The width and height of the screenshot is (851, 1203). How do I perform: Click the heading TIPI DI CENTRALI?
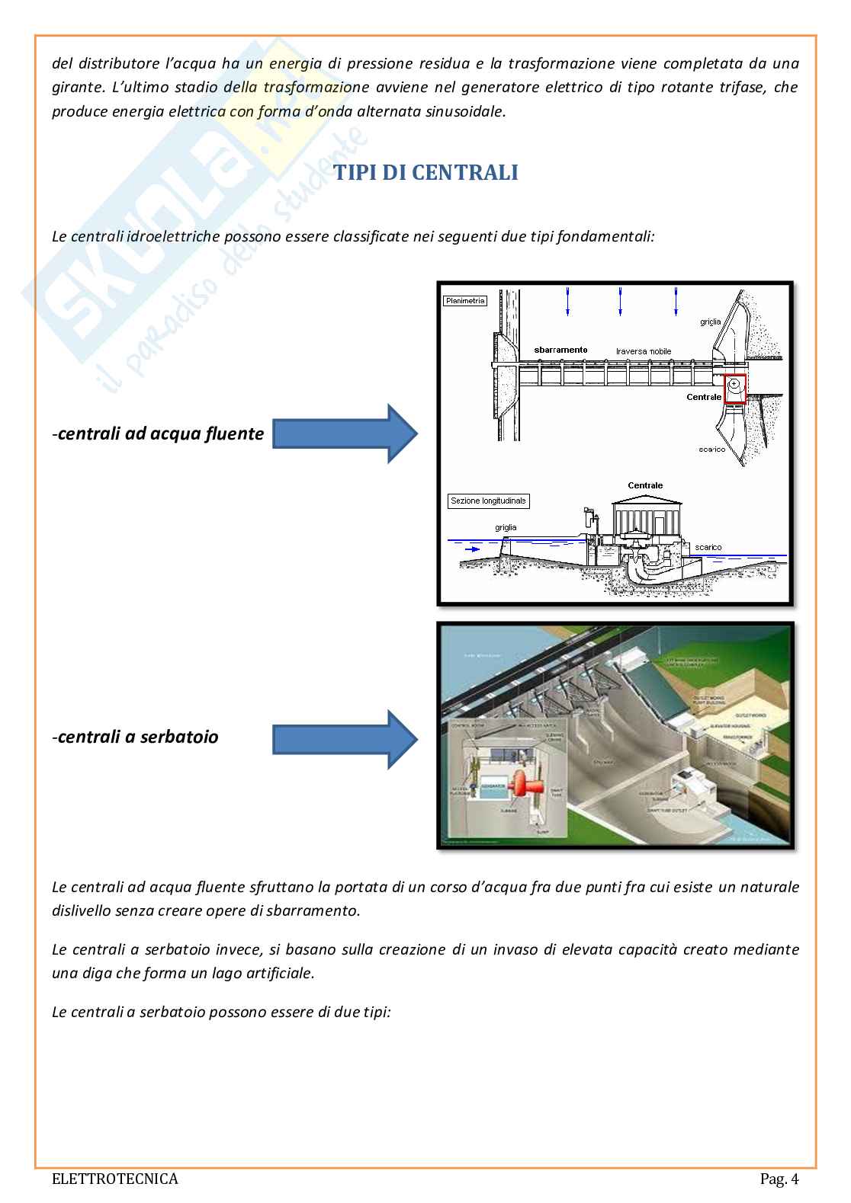pos(425,173)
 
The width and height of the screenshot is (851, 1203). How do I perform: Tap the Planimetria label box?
pos(464,300)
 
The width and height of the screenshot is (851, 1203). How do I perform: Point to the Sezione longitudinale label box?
pos(488,501)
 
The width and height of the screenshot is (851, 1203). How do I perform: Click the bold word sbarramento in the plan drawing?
pos(560,350)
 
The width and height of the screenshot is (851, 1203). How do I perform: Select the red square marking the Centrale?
pos(735,389)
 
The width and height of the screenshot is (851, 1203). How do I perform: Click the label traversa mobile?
pos(644,351)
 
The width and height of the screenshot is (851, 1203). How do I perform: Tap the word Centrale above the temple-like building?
pos(645,485)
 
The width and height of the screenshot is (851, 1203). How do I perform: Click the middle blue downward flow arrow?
pos(621,301)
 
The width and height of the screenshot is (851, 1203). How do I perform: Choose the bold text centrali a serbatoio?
pos(138,737)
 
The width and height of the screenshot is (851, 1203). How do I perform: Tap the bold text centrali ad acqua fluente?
pos(160,434)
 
